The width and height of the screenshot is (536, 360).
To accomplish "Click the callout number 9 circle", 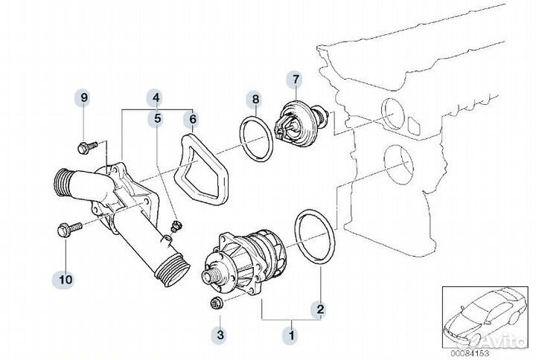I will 84,97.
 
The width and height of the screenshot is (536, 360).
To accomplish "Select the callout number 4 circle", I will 156,97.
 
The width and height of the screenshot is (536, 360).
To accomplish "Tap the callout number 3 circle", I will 220,335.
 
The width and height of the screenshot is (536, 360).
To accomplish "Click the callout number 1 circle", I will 292,335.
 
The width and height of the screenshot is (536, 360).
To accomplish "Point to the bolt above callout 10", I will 63,230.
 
